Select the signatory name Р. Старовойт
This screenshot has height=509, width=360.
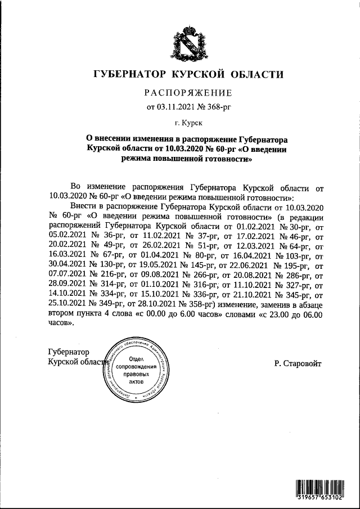tap(298, 364)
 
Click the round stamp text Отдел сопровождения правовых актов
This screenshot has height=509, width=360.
tap(137, 370)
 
